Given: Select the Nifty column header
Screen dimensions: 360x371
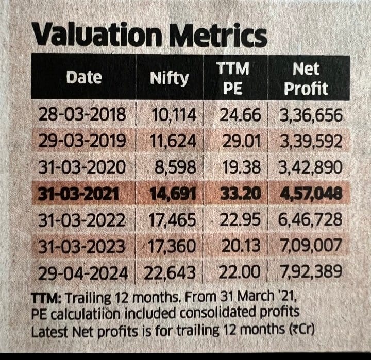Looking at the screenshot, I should click(x=169, y=79).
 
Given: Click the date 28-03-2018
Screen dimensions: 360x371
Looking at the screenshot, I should click(x=82, y=115).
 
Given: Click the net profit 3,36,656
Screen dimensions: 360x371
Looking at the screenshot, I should click(x=310, y=115).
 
